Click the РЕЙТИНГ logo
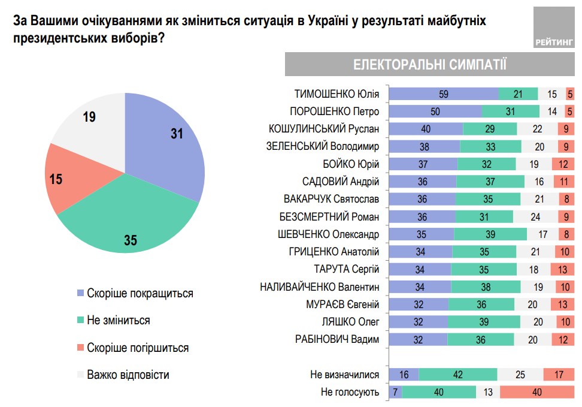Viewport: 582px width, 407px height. pos(553,41)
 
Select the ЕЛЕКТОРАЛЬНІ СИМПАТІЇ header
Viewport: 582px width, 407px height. pos(429,65)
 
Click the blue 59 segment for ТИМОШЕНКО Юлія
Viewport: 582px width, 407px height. pos(444,94)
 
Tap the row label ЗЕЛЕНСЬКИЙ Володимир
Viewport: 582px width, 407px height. pos(323,146)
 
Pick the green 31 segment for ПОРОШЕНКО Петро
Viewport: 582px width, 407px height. pos(511,111)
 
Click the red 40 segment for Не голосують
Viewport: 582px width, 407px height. pos(537,392)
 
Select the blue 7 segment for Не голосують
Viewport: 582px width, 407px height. pos(396,392)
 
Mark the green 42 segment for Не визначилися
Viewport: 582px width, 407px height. pos(458,375)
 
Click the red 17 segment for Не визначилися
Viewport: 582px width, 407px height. pos(559,375)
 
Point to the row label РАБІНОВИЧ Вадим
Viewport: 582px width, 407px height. pos(337,340)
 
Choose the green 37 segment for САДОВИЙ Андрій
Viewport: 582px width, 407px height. pos(490,181)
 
